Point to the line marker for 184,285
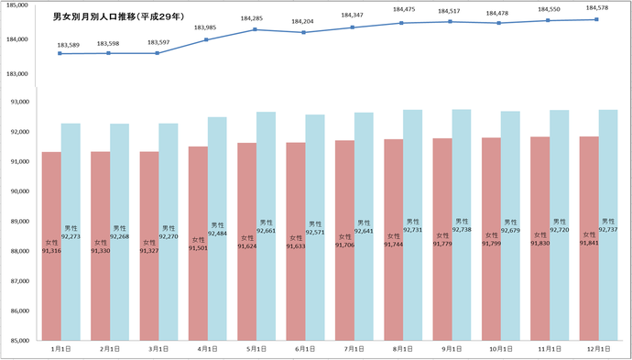click(x=255, y=29)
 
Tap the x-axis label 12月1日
click(x=596, y=350)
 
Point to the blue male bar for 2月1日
click(x=119, y=275)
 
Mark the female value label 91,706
click(x=344, y=245)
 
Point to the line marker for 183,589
click(x=60, y=53)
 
